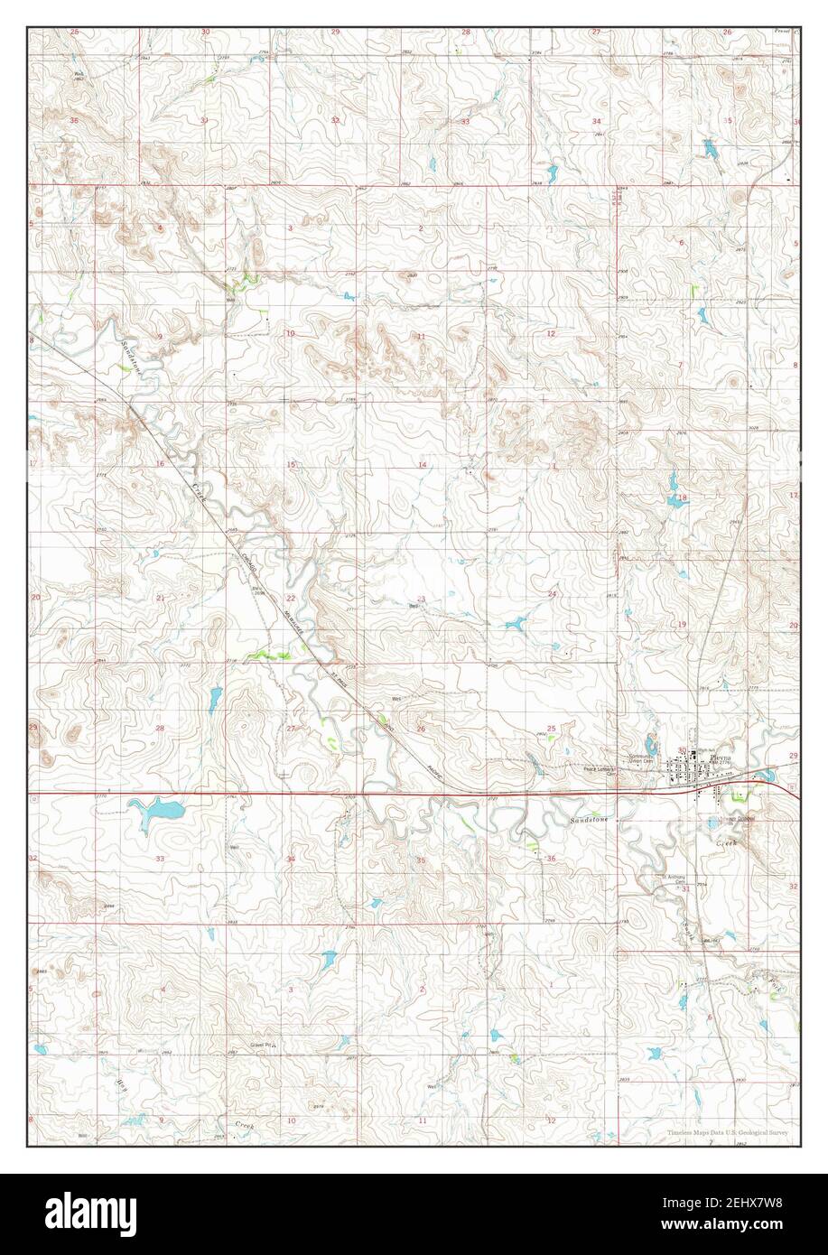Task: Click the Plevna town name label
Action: coord(697,757)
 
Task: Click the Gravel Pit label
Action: coord(263,1046)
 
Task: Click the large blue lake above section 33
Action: coord(154,808)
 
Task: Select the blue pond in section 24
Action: coord(516,622)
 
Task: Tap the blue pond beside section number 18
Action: coord(675,501)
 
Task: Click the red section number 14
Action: coord(421,465)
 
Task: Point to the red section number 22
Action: coord(291,599)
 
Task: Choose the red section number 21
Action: coord(160,599)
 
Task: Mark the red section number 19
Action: coord(682,625)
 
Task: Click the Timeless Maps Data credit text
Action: coord(728,1132)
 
